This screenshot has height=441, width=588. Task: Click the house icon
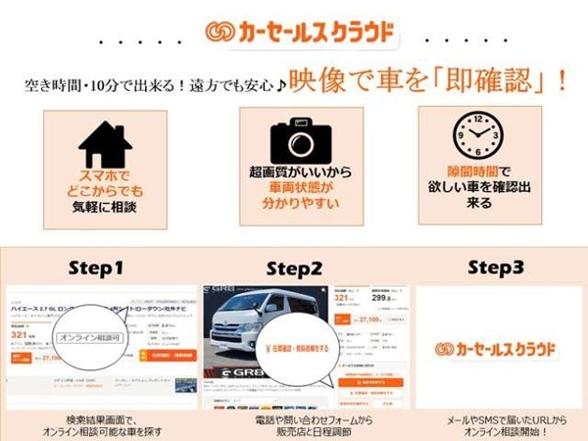click(105, 143)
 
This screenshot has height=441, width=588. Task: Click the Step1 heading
click(97, 268)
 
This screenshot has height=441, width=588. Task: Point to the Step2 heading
click(293, 268)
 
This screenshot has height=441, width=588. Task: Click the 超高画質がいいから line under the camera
click(293, 171)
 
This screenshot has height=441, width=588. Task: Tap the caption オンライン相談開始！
click(498, 431)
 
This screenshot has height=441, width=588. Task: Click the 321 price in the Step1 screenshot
click(20, 335)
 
